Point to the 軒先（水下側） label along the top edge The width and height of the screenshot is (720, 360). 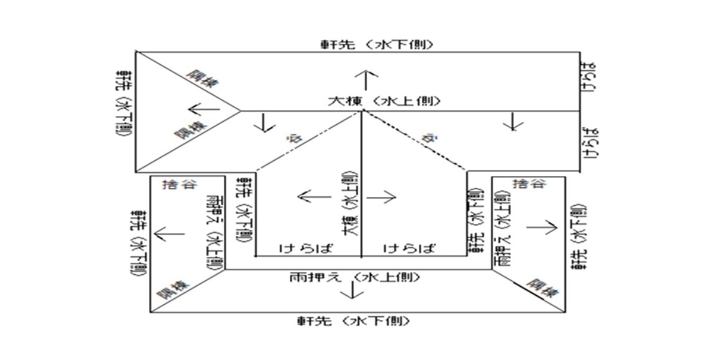pos(377,44)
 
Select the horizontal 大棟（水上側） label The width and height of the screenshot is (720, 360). pos(384,101)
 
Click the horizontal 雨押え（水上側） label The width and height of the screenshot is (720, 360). pos(352,277)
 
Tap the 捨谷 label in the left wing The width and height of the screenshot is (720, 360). pos(180,184)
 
